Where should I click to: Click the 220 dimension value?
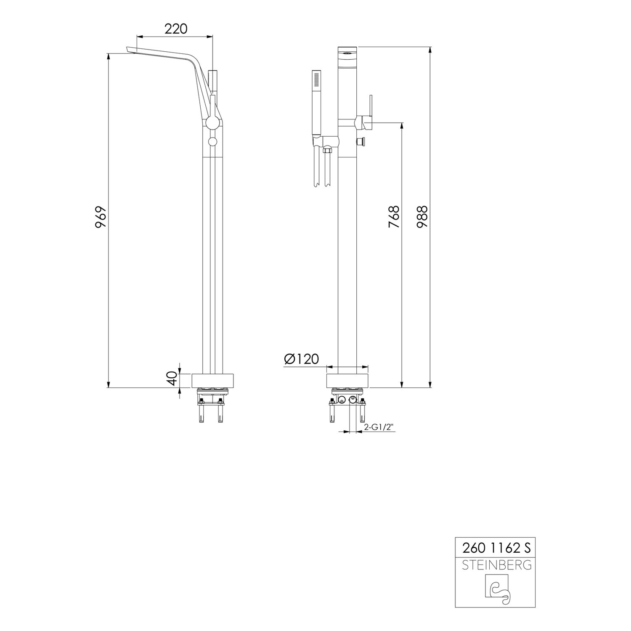click(x=175, y=29)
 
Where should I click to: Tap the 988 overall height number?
click(x=422, y=216)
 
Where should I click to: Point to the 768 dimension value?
click(x=394, y=217)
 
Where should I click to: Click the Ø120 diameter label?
click(x=302, y=359)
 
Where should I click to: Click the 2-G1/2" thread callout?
click(x=378, y=427)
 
